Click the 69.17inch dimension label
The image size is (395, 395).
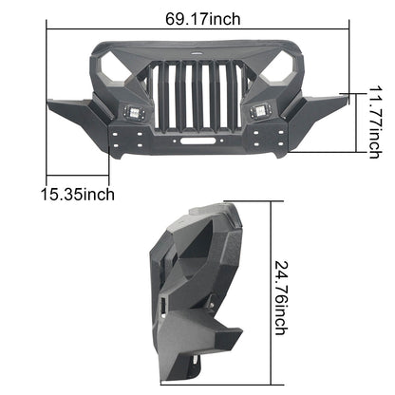coord(202,19)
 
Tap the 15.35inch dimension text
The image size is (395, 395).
coord(78,194)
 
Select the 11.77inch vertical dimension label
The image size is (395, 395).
coord(374,122)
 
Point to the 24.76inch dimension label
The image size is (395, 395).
coord(281,298)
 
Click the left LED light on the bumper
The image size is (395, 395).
coord(134,112)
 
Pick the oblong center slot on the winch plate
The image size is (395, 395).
coord(197,141)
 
